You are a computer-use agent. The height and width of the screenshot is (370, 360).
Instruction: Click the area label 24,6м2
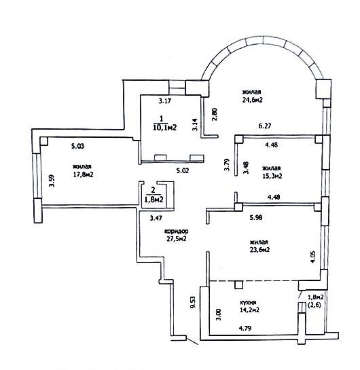253,100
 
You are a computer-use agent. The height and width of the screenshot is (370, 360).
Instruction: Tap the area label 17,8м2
83,174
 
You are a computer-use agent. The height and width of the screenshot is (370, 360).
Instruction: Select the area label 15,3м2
272,176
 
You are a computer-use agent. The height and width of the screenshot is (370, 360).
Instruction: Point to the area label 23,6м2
259,249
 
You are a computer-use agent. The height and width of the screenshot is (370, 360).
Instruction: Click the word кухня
248,302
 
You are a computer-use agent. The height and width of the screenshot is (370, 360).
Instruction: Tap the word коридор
176,231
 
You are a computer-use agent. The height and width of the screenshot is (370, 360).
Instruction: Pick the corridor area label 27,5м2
177,238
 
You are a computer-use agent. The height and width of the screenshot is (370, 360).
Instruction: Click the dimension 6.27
265,126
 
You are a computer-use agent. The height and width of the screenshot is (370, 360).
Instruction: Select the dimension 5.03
77,146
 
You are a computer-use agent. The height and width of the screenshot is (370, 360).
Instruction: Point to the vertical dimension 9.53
193,302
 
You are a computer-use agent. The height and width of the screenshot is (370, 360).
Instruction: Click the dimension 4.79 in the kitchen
245,328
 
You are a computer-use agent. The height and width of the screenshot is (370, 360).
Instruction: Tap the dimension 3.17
164,101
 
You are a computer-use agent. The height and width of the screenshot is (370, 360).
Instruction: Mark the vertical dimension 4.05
312,257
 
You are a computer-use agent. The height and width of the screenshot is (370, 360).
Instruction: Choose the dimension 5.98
255,217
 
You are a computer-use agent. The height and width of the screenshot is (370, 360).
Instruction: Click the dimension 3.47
156,219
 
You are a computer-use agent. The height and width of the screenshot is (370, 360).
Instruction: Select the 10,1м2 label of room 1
165,128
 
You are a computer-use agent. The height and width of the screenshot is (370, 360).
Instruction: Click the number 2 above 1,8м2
154,189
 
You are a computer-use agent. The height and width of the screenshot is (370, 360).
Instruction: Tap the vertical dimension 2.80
215,114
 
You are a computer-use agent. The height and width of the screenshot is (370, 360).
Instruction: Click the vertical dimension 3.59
52,181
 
